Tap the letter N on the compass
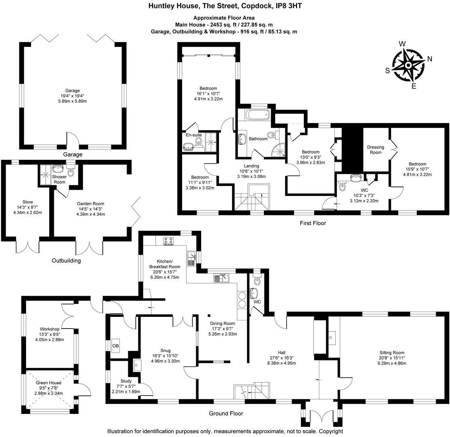click(430, 59)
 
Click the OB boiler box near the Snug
click(116, 346)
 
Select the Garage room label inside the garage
click(73, 91)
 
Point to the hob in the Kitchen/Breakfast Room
click(168, 241)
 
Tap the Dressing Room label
click(375, 150)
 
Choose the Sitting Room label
click(392, 353)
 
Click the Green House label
click(49, 383)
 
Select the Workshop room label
click(50, 329)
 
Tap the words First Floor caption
click(312, 223)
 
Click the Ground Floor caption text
click(226, 414)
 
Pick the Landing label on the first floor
click(251, 166)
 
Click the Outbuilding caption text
click(66, 261)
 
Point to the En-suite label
click(194, 135)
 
